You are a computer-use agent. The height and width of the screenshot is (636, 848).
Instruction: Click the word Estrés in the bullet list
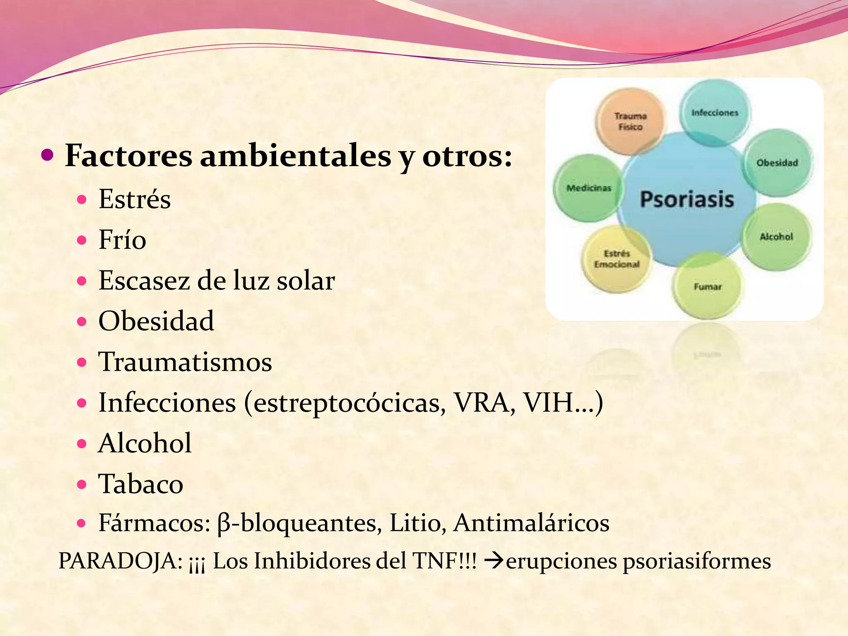[135, 199]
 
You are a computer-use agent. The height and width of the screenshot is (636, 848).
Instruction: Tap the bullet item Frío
[122, 240]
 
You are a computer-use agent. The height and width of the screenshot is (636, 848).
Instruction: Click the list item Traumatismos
[185, 362]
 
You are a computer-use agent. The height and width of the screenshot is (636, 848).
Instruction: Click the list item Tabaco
[141, 484]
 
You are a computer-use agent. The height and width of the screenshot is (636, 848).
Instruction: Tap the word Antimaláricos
[531, 523]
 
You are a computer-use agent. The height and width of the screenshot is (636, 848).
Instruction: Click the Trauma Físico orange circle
[630, 121]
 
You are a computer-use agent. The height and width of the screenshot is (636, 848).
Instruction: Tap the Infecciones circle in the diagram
[715, 113]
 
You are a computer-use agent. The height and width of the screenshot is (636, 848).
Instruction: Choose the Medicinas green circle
[588, 188]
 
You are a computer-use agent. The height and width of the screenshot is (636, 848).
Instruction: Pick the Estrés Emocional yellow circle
[617, 259]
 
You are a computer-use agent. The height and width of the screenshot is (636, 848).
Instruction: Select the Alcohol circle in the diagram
[776, 237]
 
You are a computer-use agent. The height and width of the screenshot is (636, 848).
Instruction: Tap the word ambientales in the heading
[296, 157]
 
